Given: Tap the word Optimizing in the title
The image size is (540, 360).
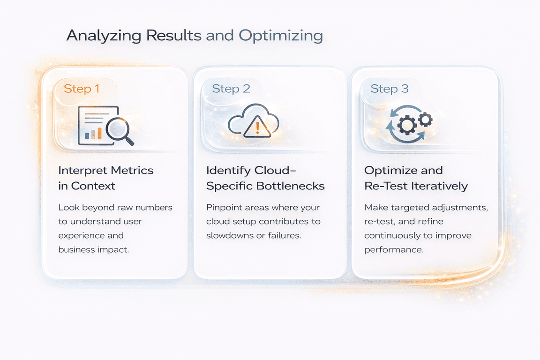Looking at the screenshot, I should [280, 36].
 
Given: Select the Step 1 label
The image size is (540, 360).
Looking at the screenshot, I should [82, 89].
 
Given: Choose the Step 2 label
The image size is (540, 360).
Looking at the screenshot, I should [231, 89].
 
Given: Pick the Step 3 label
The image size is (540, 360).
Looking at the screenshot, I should [389, 89].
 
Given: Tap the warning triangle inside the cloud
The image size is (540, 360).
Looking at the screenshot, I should [254, 126].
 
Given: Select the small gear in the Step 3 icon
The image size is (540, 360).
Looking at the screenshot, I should [425, 120].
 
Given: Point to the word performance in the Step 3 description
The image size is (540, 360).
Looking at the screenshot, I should [394, 249].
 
